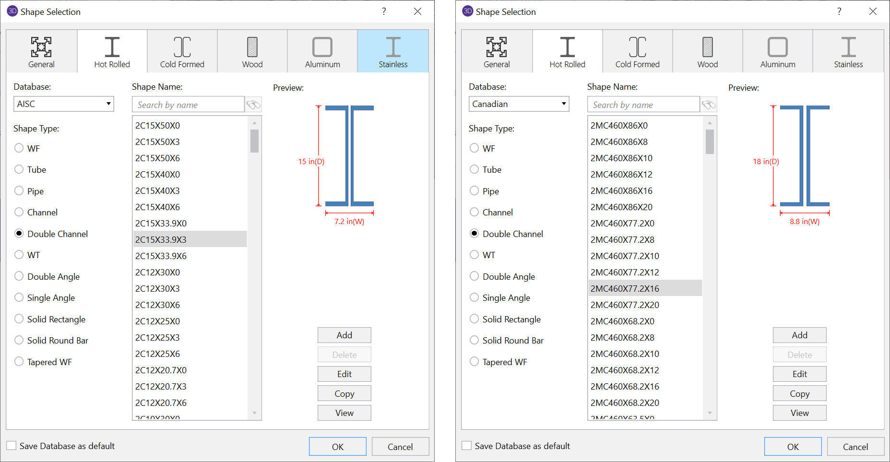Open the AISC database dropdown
63,104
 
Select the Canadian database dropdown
519,104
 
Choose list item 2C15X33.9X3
161,239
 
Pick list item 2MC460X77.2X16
625,288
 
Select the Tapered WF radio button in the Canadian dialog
475,362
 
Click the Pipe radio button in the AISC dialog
19,191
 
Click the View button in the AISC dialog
344,413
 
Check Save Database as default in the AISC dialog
12,446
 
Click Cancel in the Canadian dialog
855,447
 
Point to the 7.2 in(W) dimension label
349,222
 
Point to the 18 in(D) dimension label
766,162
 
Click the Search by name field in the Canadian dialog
643,105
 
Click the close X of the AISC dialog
417,12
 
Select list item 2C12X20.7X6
161,403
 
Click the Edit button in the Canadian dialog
799,374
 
